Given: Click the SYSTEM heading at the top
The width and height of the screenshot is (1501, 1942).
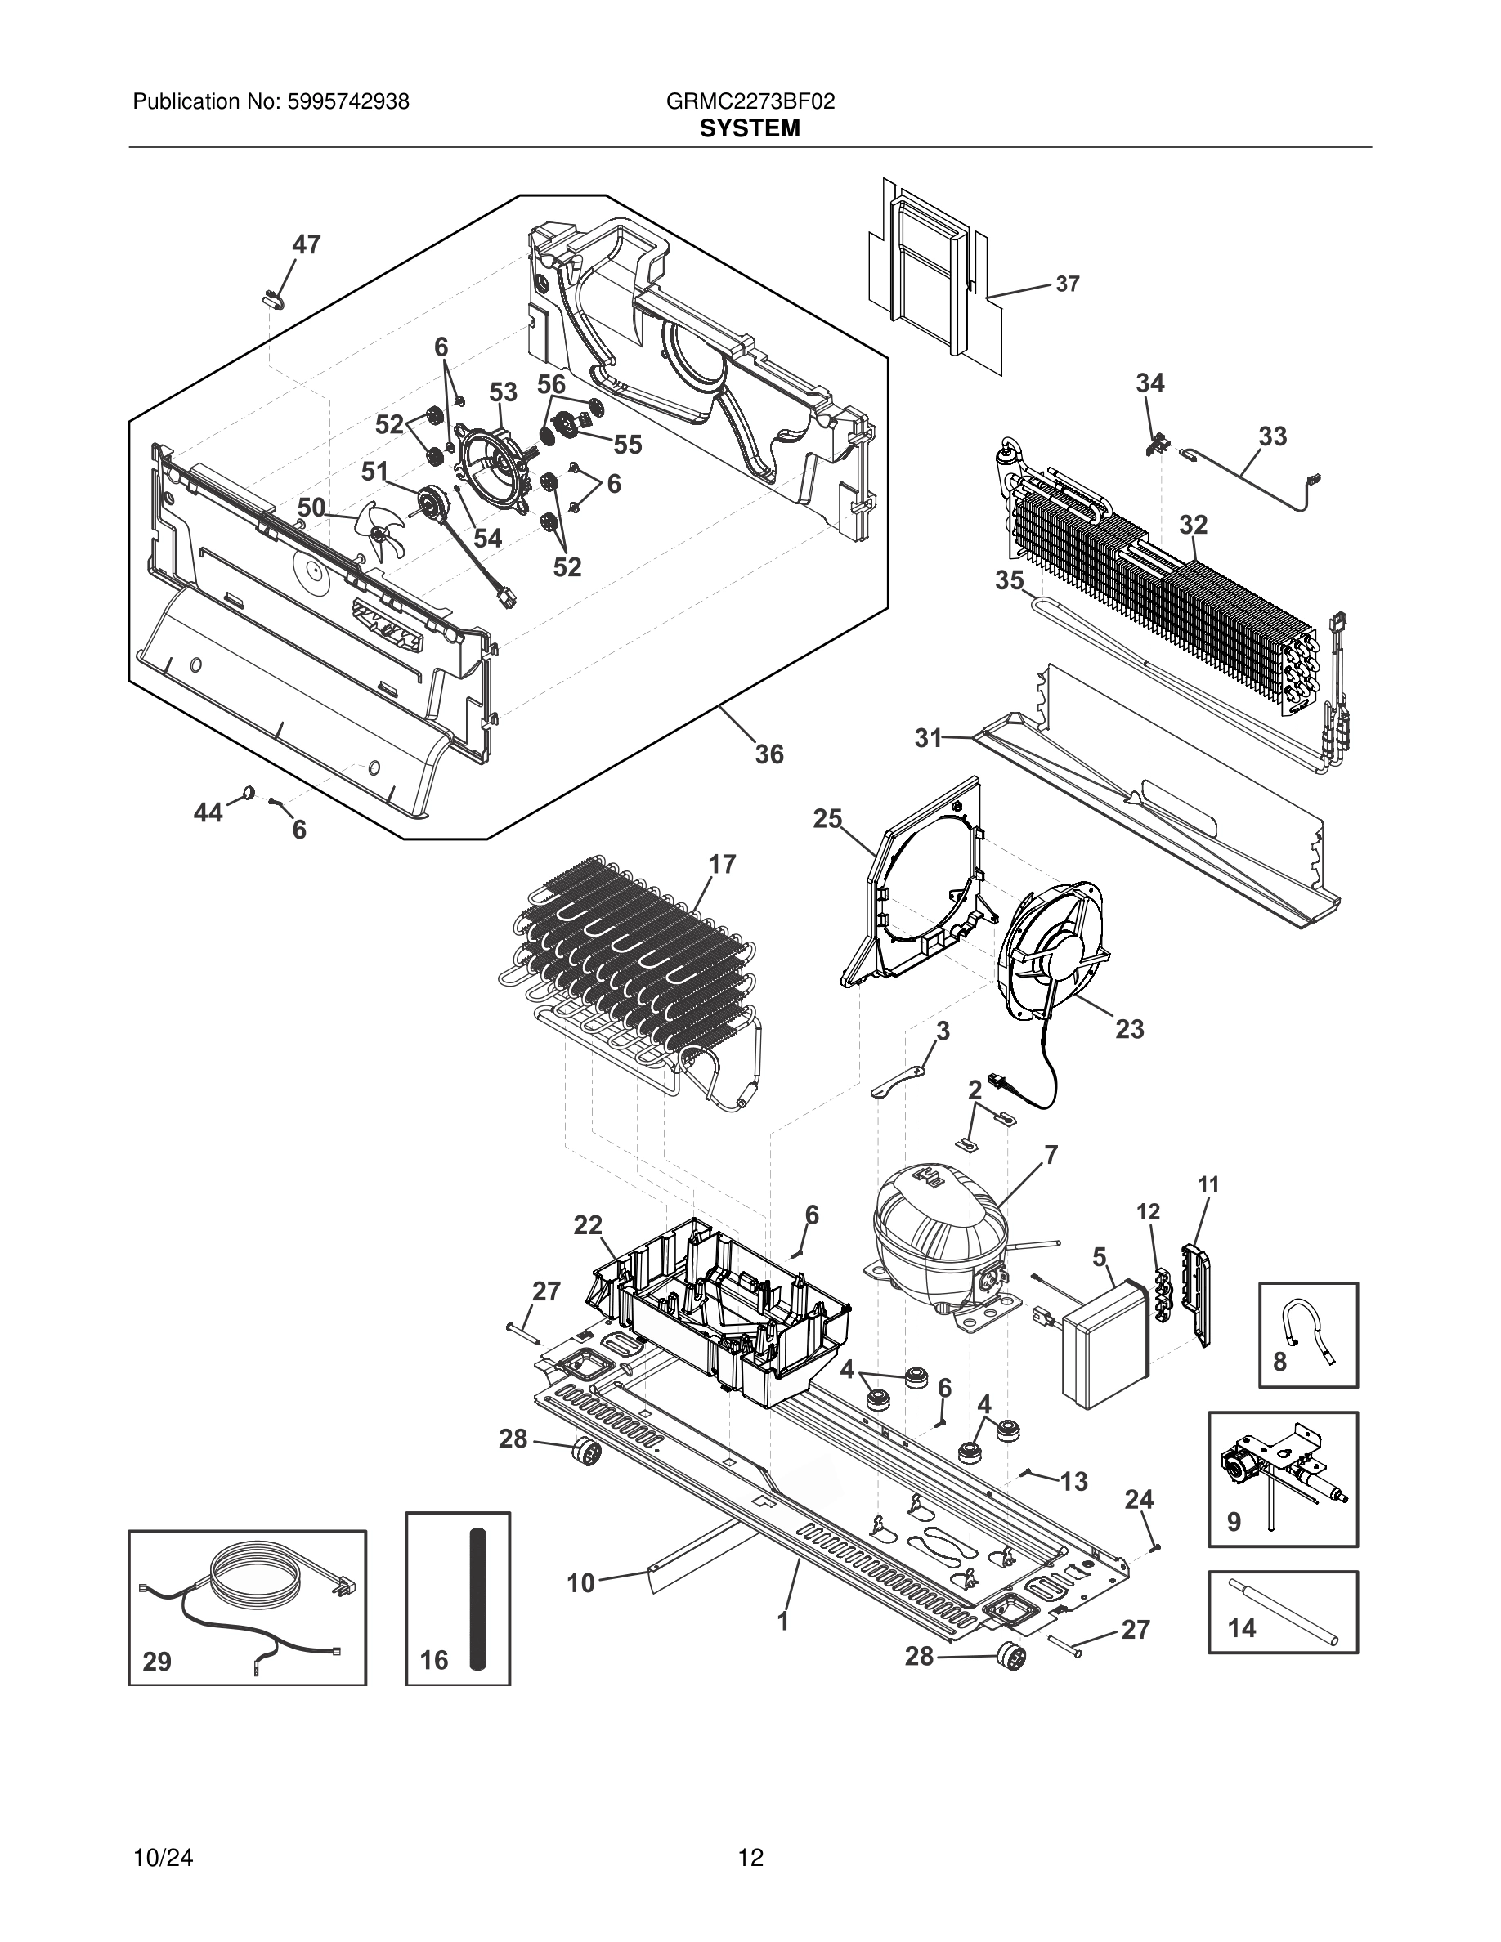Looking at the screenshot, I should tap(750, 129).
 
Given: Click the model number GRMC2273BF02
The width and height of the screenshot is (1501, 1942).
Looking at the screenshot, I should tap(750, 101).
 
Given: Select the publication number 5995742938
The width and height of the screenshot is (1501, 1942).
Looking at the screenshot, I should tap(347, 101).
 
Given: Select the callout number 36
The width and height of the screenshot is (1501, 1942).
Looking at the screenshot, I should tap(769, 754).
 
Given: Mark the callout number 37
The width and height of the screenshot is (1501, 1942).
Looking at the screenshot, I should tap(1067, 284).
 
